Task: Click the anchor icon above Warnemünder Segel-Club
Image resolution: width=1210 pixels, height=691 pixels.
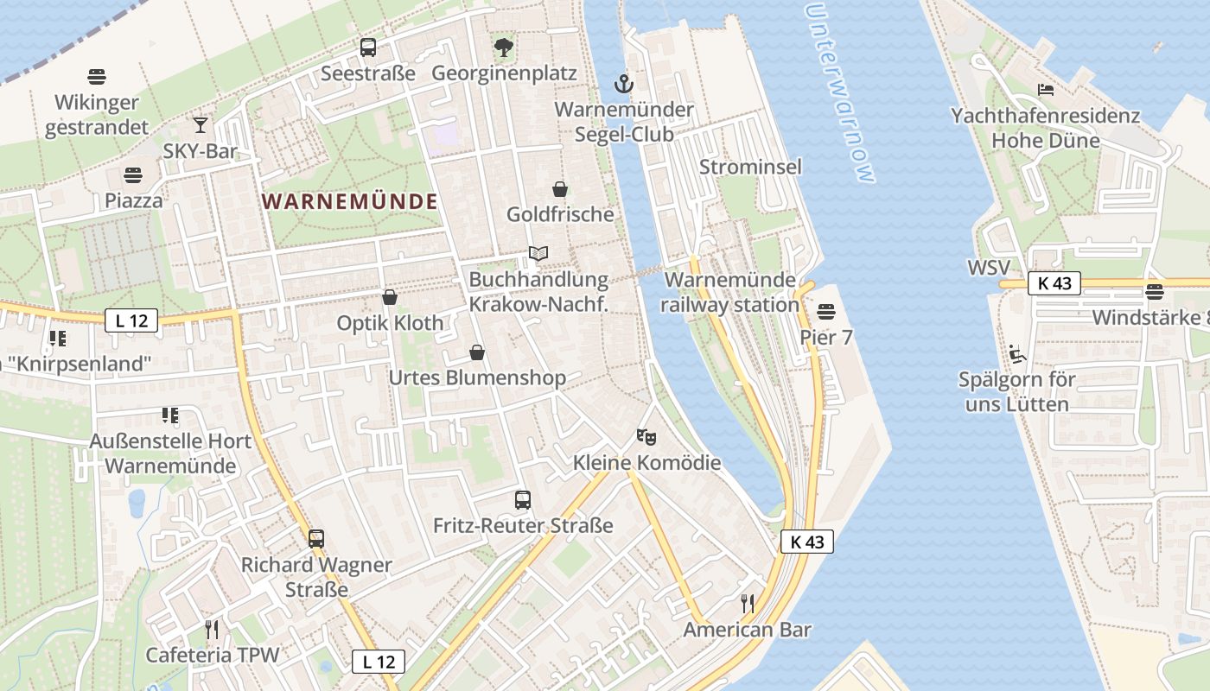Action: pos(623,84)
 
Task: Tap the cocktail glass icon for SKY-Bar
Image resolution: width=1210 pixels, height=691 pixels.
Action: pos(201,125)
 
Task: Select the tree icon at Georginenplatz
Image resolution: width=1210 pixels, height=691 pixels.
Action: pos(504,48)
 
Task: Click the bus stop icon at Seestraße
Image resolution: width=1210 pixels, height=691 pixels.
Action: pos(368,48)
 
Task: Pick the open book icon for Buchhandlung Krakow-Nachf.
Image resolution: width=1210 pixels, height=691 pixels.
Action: pos(538,254)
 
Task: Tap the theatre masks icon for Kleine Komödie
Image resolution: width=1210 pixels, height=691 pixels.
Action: pos(646,437)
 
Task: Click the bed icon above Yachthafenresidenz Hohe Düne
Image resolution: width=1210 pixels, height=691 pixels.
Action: pos(1046,90)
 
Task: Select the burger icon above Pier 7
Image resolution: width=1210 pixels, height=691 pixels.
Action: pos(826,311)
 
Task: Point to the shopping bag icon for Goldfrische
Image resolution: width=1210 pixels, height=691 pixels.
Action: pos(560,189)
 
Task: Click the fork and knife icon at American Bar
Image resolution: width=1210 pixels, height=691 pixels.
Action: pos(748,603)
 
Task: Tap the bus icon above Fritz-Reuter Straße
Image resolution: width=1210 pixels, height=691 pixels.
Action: pos(523,499)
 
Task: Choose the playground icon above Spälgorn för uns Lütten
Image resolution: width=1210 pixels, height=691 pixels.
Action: pos(1017,353)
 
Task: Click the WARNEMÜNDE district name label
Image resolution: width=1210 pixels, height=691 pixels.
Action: pos(349,201)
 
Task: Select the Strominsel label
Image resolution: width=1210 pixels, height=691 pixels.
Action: pos(750,167)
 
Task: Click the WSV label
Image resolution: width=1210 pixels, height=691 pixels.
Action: pos(988,267)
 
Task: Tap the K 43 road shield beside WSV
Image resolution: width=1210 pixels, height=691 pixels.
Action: pos(1054,282)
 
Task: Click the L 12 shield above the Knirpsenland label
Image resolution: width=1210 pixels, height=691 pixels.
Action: pos(131,321)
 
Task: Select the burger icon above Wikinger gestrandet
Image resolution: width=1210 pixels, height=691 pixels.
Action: pos(97,77)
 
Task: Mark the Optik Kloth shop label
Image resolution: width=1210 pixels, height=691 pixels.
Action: pos(390,323)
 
